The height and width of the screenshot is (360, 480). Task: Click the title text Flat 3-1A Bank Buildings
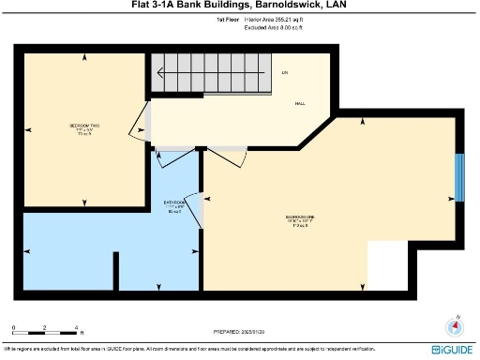(239, 7)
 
